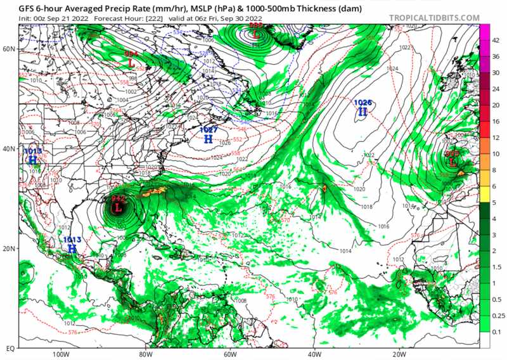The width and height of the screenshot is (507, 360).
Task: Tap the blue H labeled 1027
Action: click(209, 138)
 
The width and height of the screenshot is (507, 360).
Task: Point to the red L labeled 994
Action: click(131, 63)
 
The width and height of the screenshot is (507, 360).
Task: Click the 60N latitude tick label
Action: click(8, 48)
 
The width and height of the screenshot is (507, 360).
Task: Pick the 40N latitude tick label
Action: click(8, 148)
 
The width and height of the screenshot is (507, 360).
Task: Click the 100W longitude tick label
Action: click(61, 354)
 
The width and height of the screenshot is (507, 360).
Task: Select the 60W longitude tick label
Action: click(230, 354)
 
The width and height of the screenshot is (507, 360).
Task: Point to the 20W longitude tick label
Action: click(398, 354)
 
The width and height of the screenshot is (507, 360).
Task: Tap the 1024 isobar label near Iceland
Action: click(393, 68)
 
